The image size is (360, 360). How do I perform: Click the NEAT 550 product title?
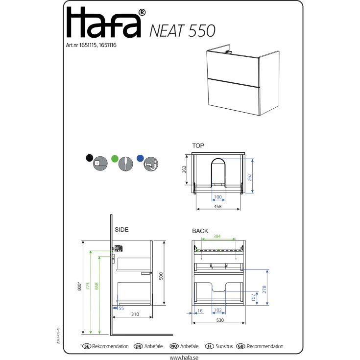click(183, 31)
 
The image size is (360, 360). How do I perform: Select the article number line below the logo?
click(91, 45)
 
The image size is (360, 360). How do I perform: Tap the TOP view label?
click(198, 145)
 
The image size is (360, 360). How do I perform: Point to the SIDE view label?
click(121, 230)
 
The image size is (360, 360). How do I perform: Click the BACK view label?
click(200, 231)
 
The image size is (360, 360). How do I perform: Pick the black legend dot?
click(89, 158)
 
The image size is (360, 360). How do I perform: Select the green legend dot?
click(115, 158)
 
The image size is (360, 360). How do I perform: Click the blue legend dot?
click(140, 158)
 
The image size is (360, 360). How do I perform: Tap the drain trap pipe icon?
click(151, 164)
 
